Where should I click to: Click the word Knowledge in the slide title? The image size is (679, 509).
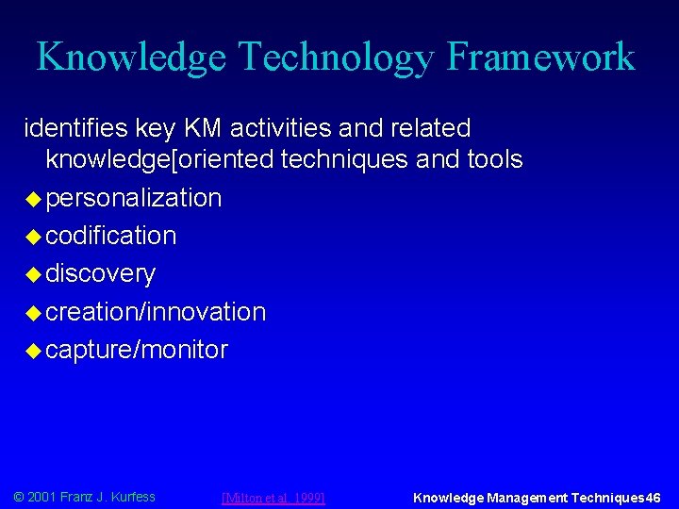click(x=130, y=57)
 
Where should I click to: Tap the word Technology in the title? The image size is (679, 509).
click(x=335, y=57)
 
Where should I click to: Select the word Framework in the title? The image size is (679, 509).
click(x=541, y=57)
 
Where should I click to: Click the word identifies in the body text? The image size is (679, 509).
click(x=70, y=127)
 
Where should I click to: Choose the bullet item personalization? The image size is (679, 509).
click(x=134, y=198)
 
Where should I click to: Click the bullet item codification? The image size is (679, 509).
click(x=110, y=236)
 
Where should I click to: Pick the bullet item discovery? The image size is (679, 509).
click(x=101, y=274)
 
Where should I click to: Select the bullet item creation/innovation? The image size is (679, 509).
click(x=156, y=312)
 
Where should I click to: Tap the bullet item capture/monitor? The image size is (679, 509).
click(x=137, y=350)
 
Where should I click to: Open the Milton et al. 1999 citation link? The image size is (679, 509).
click(x=273, y=498)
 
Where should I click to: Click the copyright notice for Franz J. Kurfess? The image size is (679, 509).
click(x=84, y=497)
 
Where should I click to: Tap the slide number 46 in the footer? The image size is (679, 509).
click(x=653, y=498)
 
